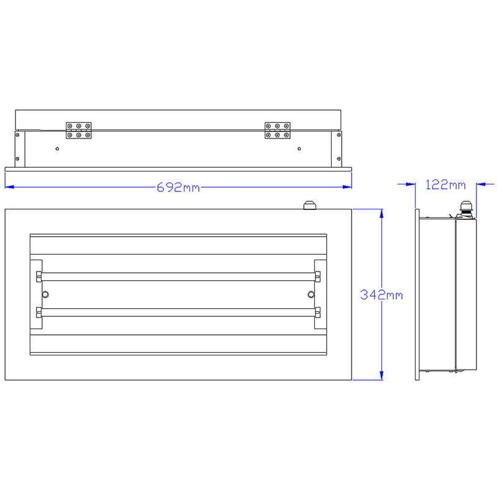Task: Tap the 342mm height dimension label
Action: (381, 295)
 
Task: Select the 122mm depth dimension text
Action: (445, 185)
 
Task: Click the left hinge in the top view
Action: (79, 130)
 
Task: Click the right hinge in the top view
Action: (277, 130)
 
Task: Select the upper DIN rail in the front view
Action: (179, 276)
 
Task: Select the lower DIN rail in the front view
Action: (179, 312)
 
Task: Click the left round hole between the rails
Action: (45, 294)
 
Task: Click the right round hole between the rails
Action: (312, 294)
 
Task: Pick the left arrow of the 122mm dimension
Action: (411, 184)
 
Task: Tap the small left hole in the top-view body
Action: (57, 148)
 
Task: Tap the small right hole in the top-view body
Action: (299, 148)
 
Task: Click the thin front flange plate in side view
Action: (417, 295)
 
